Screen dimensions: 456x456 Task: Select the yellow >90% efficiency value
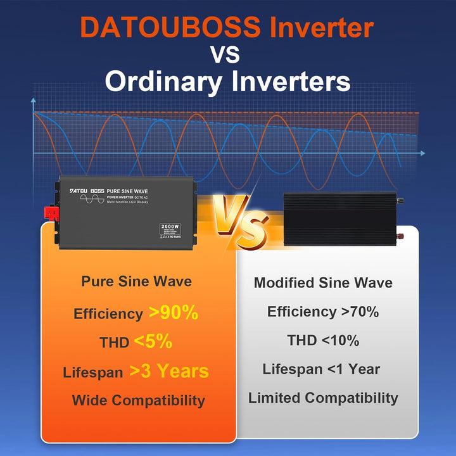(174, 312)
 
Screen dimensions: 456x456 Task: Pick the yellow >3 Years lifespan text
(169, 371)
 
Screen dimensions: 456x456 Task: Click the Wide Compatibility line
(138, 400)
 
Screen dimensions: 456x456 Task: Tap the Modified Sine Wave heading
(323, 283)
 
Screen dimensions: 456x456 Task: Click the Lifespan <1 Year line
(322, 369)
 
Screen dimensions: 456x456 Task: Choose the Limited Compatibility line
(323, 398)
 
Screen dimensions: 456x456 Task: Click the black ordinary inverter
(339, 219)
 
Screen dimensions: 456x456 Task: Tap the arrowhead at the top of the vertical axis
(34, 100)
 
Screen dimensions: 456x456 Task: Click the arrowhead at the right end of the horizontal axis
(422, 153)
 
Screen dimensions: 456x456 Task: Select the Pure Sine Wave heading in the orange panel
(136, 281)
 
